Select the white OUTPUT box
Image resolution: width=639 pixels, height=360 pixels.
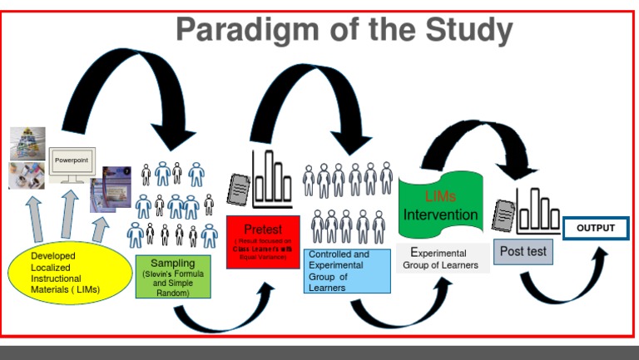[596, 228]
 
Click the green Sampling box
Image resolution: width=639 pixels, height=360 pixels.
[173, 277]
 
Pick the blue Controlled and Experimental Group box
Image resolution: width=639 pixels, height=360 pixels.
[347, 270]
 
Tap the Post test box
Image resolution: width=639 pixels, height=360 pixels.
[523, 251]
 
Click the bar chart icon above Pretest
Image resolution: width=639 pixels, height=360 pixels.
[272, 180]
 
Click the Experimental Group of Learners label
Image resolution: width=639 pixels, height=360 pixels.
[441, 259]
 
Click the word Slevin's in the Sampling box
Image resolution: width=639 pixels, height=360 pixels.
[157, 274]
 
